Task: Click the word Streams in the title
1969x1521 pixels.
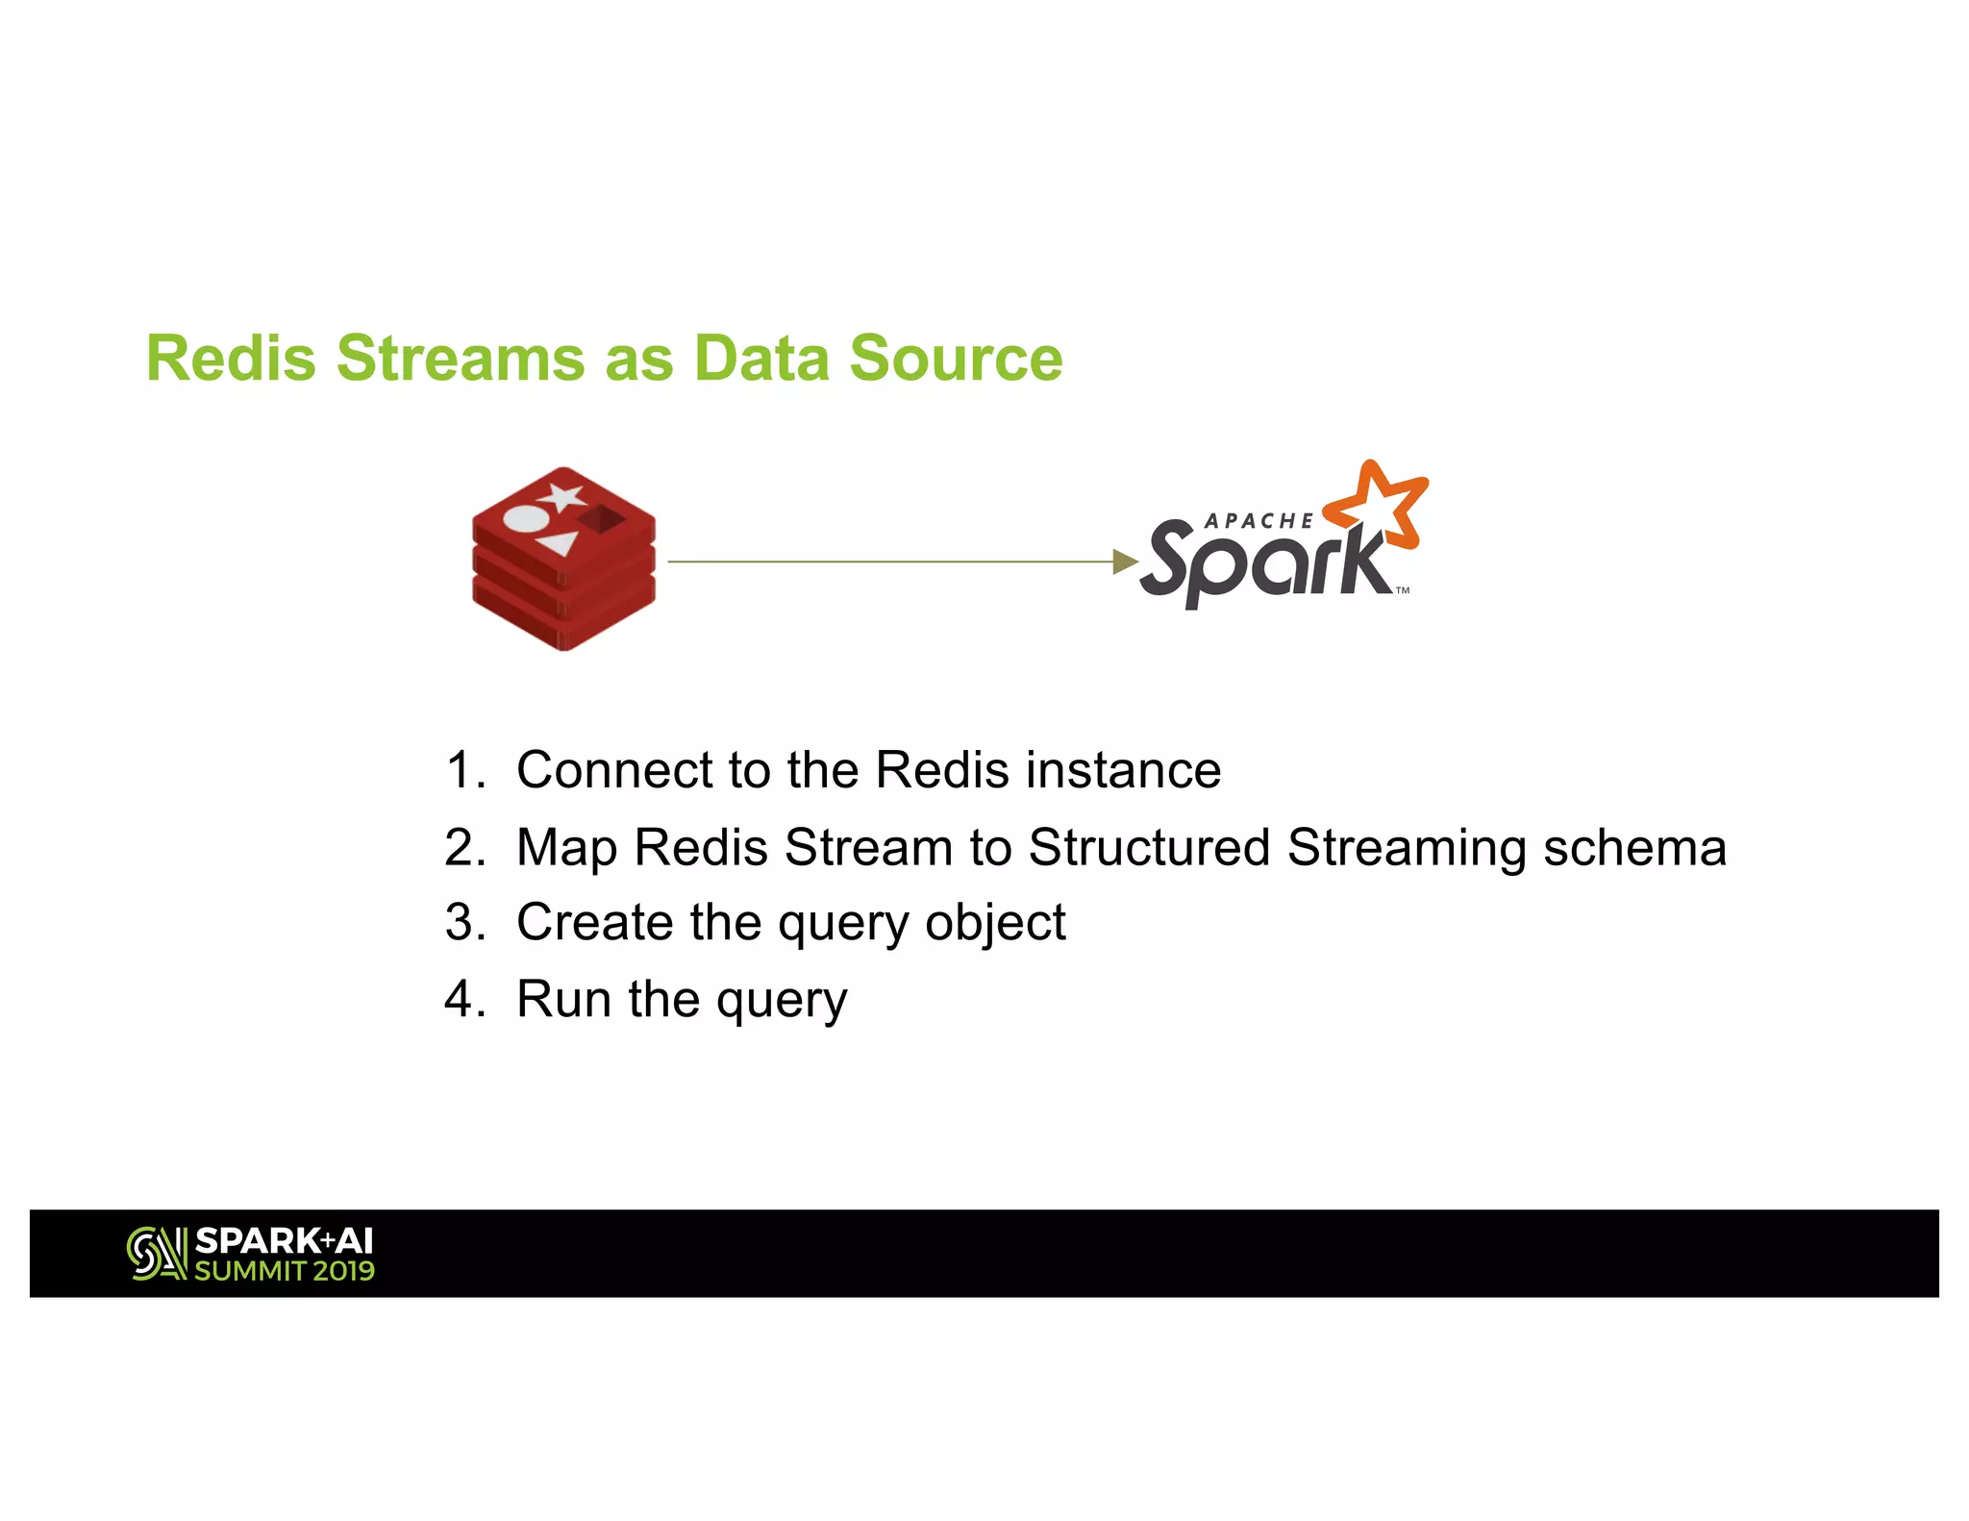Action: pos(459,359)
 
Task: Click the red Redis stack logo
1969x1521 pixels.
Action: pos(563,560)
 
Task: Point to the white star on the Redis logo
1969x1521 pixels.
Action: pos(562,497)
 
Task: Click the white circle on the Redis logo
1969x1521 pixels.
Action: pos(526,519)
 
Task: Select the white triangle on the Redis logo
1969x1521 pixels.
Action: pos(559,544)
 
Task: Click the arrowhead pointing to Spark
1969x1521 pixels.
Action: pos(1124,561)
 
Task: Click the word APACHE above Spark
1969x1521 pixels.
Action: pos(1259,521)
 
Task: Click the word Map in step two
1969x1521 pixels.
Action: pos(565,848)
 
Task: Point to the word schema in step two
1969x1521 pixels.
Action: pos(1633,848)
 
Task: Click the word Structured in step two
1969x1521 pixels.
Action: pos(1149,848)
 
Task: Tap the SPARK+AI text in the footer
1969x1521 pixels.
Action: pos(284,1241)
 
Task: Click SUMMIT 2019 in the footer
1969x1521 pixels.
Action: pos(285,1271)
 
